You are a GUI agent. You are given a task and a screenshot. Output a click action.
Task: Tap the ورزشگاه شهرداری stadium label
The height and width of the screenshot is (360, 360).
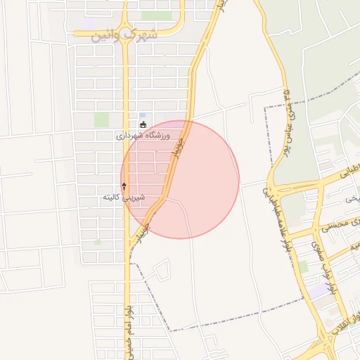tap(145, 136)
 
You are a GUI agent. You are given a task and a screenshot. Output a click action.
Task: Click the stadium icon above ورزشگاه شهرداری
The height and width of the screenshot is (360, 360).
tap(143, 125)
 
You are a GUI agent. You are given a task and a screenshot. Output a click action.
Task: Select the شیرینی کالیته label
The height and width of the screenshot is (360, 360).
tap(124, 198)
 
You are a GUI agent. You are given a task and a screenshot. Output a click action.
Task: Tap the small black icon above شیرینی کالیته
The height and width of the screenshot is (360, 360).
tap(124, 186)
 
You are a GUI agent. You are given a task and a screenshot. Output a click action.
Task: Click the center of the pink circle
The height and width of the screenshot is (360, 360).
tap(180, 179)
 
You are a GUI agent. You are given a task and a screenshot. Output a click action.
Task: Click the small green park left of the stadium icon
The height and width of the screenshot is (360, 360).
tap(102, 120)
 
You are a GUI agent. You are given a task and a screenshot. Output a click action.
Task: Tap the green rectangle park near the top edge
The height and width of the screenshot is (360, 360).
tap(156, 15)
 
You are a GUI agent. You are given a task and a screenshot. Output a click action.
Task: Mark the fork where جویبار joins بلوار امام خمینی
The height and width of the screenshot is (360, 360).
tap(130, 246)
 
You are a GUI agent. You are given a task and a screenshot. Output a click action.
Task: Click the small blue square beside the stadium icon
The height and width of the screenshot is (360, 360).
tap(143, 115)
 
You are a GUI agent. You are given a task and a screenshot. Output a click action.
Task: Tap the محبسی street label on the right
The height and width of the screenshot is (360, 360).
tap(336, 226)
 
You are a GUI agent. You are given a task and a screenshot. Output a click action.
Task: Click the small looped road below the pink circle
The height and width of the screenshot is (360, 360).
tap(160, 271)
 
